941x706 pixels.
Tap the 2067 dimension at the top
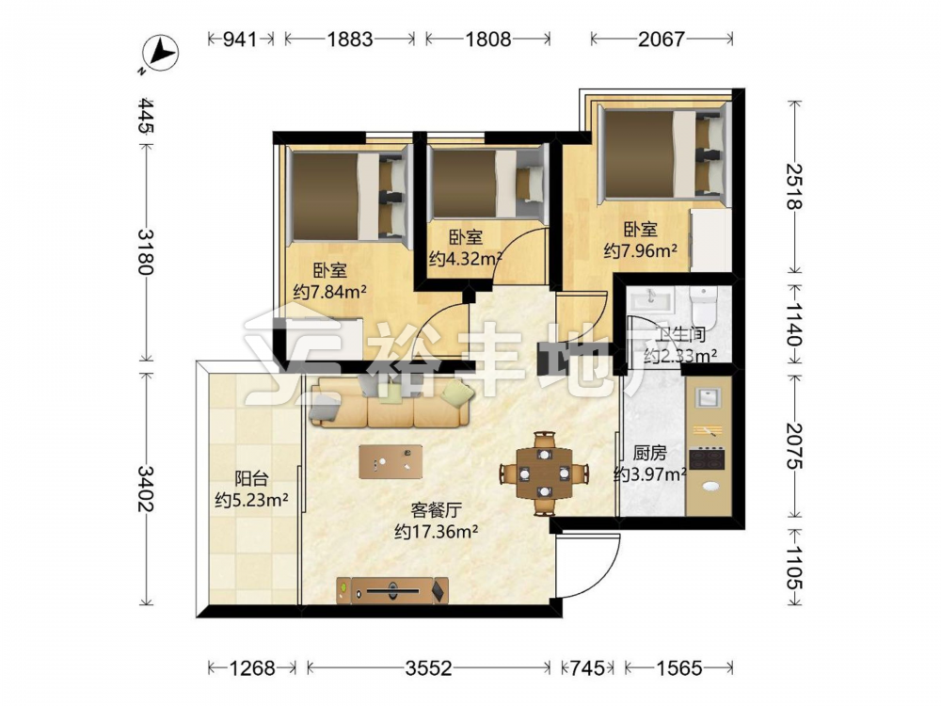661,40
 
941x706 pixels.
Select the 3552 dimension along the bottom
428,667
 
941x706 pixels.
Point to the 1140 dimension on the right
794,325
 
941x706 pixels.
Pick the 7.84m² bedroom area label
329,293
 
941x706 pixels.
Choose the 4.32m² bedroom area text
466,259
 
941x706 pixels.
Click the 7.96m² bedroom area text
640,249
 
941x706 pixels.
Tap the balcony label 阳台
251,478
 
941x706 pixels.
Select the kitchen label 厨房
649,454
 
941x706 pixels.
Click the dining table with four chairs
544,473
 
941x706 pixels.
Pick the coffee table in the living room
391,461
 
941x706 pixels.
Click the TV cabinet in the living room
392,591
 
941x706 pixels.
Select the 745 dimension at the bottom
587,667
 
